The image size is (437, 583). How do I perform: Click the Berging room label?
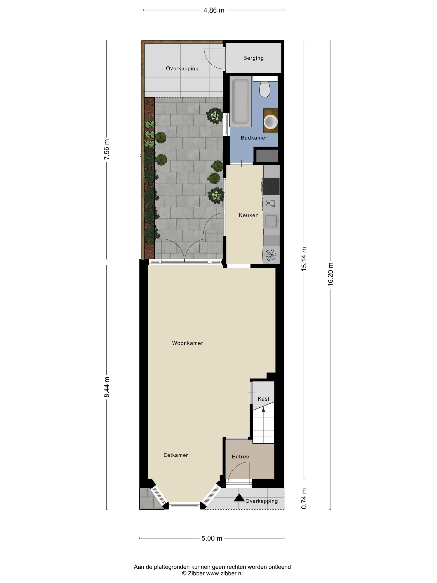253,58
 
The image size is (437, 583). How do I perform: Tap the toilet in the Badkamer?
265,89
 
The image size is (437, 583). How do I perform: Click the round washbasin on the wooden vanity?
271,122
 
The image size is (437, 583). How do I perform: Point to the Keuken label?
248,215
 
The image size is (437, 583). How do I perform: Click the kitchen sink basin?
271,221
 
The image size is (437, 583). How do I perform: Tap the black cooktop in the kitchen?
271,186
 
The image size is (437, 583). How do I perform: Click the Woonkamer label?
187,343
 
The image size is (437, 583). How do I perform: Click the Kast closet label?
263,399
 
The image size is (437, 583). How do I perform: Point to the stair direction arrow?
263,409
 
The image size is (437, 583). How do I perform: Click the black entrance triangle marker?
239,498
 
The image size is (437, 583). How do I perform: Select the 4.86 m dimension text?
214,10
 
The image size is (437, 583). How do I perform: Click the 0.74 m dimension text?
304,499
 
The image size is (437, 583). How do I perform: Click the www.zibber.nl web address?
224,573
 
